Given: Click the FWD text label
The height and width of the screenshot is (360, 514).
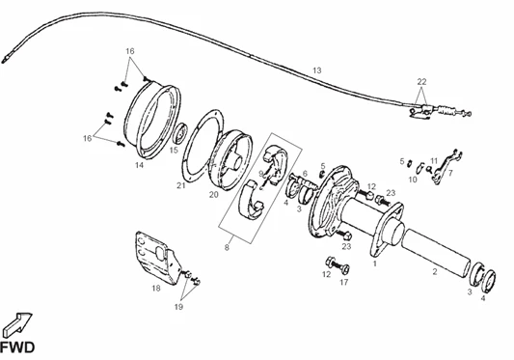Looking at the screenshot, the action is tap(17, 347).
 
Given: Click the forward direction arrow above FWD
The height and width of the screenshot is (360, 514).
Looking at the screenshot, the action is tap(18, 324).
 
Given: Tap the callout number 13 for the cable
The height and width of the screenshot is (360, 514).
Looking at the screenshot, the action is tap(316, 70).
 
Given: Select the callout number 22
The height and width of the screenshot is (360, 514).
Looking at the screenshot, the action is tap(421, 81).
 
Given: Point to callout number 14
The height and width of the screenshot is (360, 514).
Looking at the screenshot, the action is tap(139, 165).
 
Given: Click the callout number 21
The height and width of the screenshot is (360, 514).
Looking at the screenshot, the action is tap(181, 185).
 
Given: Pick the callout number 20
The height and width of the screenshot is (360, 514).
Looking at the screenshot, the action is tap(213, 195).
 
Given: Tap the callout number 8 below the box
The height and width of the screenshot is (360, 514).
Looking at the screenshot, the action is tap(227, 248).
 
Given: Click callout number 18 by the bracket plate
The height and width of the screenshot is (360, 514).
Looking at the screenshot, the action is tap(156, 289).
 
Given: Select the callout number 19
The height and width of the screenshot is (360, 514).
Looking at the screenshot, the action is tap(178, 307).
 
